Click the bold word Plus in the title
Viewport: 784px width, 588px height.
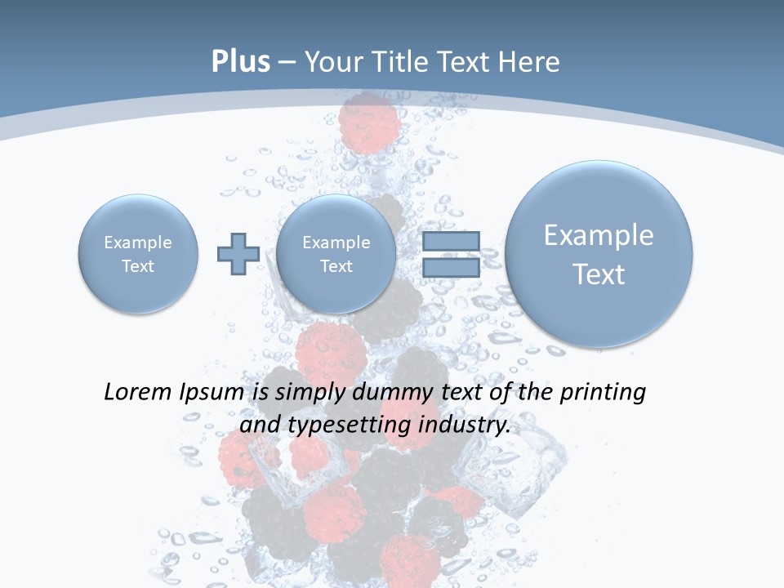point(240,62)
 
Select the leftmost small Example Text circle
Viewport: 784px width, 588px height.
point(138,254)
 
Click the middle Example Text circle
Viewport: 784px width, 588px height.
point(336,254)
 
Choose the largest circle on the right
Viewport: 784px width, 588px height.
point(599,253)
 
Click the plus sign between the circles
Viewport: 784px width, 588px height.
point(238,253)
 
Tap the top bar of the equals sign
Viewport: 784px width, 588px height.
point(451,241)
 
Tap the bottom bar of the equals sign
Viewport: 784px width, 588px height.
point(451,267)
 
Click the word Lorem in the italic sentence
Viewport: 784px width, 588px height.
point(139,392)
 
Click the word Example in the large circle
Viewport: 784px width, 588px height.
point(599,235)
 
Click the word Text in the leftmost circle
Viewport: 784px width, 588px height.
point(138,266)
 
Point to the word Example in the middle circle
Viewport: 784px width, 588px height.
point(336,243)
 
